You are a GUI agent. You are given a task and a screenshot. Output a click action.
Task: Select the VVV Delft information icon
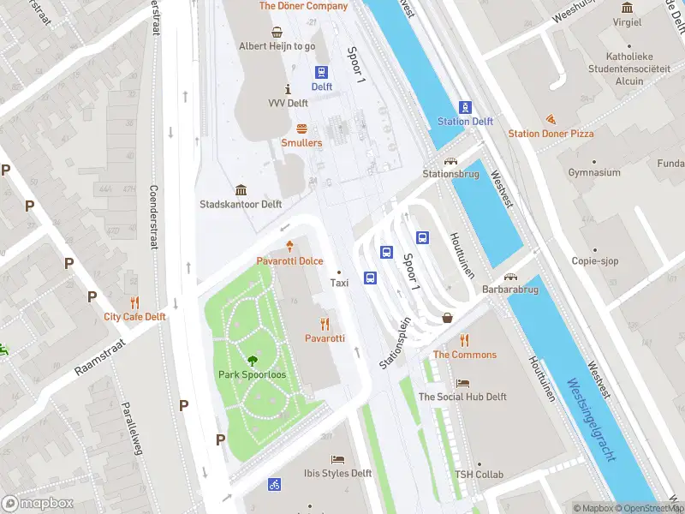(x=288, y=89)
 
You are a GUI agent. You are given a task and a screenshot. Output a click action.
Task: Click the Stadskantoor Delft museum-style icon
(x=241, y=190)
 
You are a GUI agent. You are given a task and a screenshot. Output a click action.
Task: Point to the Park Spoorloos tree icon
(x=253, y=361)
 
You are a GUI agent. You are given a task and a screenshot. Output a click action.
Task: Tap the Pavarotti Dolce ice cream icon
(x=290, y=246)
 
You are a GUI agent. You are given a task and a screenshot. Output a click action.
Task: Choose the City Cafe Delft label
(x=134, y=316)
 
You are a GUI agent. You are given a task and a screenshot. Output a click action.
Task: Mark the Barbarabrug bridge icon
(x=511, y=276)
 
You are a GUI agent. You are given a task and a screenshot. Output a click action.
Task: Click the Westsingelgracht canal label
(x=590, y=420)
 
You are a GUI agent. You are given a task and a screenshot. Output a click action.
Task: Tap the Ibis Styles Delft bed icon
(x=337, y=459)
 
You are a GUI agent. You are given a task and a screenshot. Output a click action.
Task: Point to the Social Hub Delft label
(x=462, y=397)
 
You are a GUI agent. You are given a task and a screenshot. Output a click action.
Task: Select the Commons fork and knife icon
(x=465, y=340)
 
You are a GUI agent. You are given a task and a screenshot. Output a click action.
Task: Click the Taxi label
(x=339, y=283)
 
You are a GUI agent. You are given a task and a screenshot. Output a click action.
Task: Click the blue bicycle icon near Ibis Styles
(x=274, y=484)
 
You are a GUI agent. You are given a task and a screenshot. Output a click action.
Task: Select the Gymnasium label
(x=593, y=173)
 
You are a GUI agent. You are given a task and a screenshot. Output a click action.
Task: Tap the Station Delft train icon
(x=465, y=107)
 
